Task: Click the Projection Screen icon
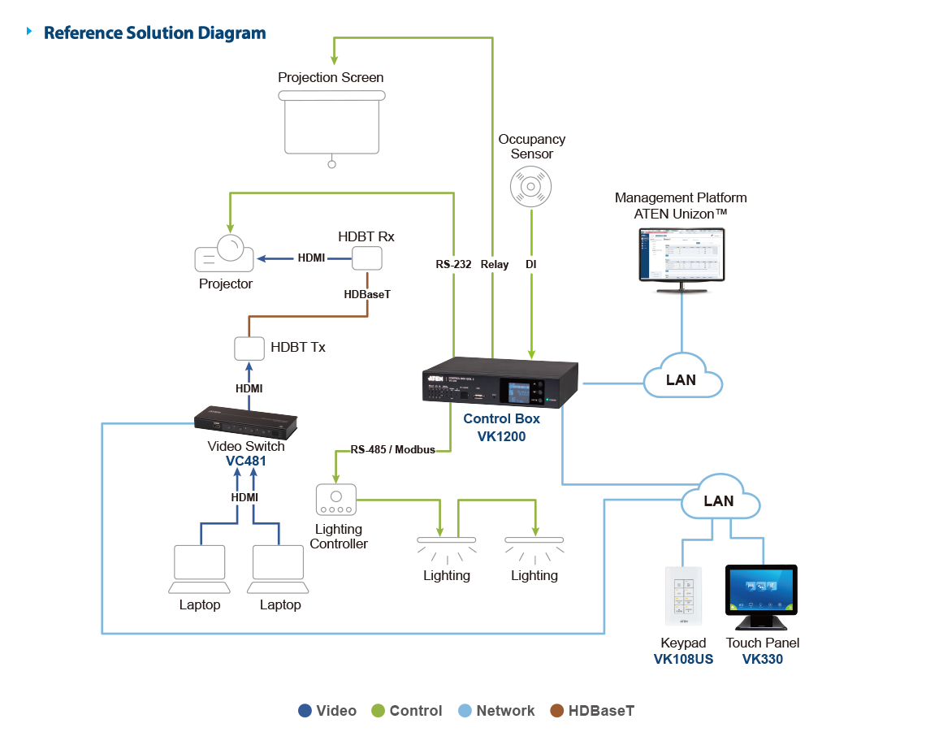[331, 123]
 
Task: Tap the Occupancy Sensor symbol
[531, 186]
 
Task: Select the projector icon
[224, 254]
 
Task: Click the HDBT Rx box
[367, 258]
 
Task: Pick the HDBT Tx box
[249, 348]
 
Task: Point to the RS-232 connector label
[453, 264]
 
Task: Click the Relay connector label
[494, 264]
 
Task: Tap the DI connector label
[531, 264]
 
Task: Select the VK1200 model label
[501, 436]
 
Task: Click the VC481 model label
[245, 461]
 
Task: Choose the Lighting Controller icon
[335, 500]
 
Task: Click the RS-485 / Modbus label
[392, 449]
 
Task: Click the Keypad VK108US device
[684, 596]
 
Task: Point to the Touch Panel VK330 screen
[761, 591]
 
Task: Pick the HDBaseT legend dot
[557, 711]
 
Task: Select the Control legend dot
[378, 711]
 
